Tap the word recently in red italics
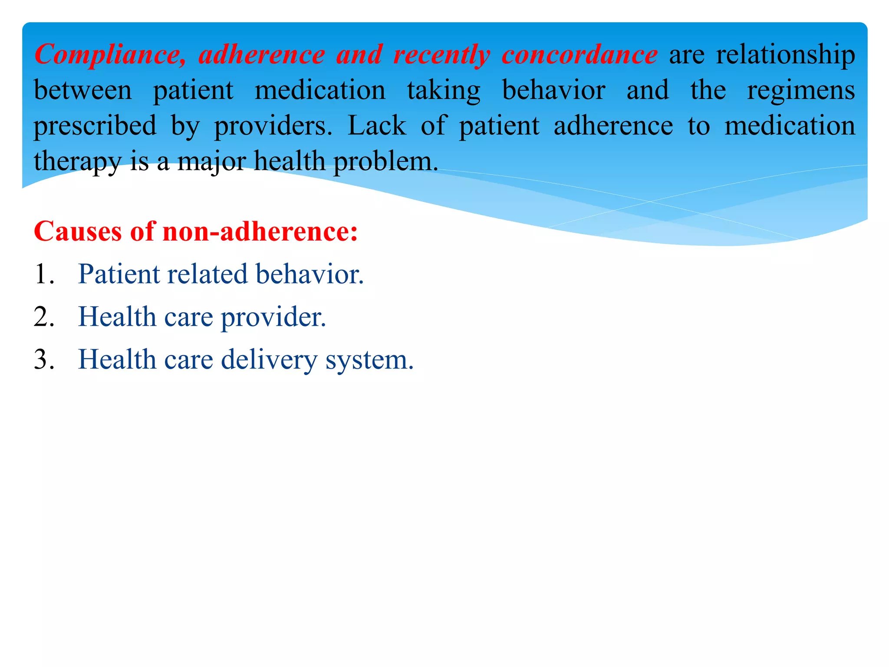pyautogui.click(x=441, y=55)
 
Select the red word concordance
pyautogui.click(x=579, y=55)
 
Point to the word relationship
pyautogui.click(x=785, y=55)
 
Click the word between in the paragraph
pyautogui.click(x=83, y=90)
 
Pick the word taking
pyautogui.click(x=444, y=91)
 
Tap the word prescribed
pyautogui.click(x=95, y=126)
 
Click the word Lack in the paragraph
pyautogui.click(x=377, y=126)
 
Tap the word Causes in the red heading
pyautogui.click(x=77, y=231)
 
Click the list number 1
pyautogui.click(x=44, y=274)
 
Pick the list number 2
pyautogui.click(x=44, y=317)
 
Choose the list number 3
pyautogui.click(x=44, y=360)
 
